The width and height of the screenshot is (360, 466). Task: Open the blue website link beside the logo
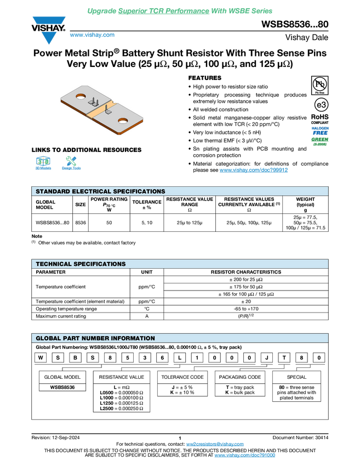pos(92,35)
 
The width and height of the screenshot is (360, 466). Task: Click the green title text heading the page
pos(180,11)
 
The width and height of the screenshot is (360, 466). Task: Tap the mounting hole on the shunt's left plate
pos(81,97)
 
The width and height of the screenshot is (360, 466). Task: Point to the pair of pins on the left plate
pos(95,102)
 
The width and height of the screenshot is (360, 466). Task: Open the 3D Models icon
pos(43,163)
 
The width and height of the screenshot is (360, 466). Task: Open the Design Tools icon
pos(71,163)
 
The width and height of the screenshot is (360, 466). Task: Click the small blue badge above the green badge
pos(320,130)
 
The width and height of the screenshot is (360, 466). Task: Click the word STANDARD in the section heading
pos(53,192)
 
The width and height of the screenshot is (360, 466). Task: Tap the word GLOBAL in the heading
pos(48,338)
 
